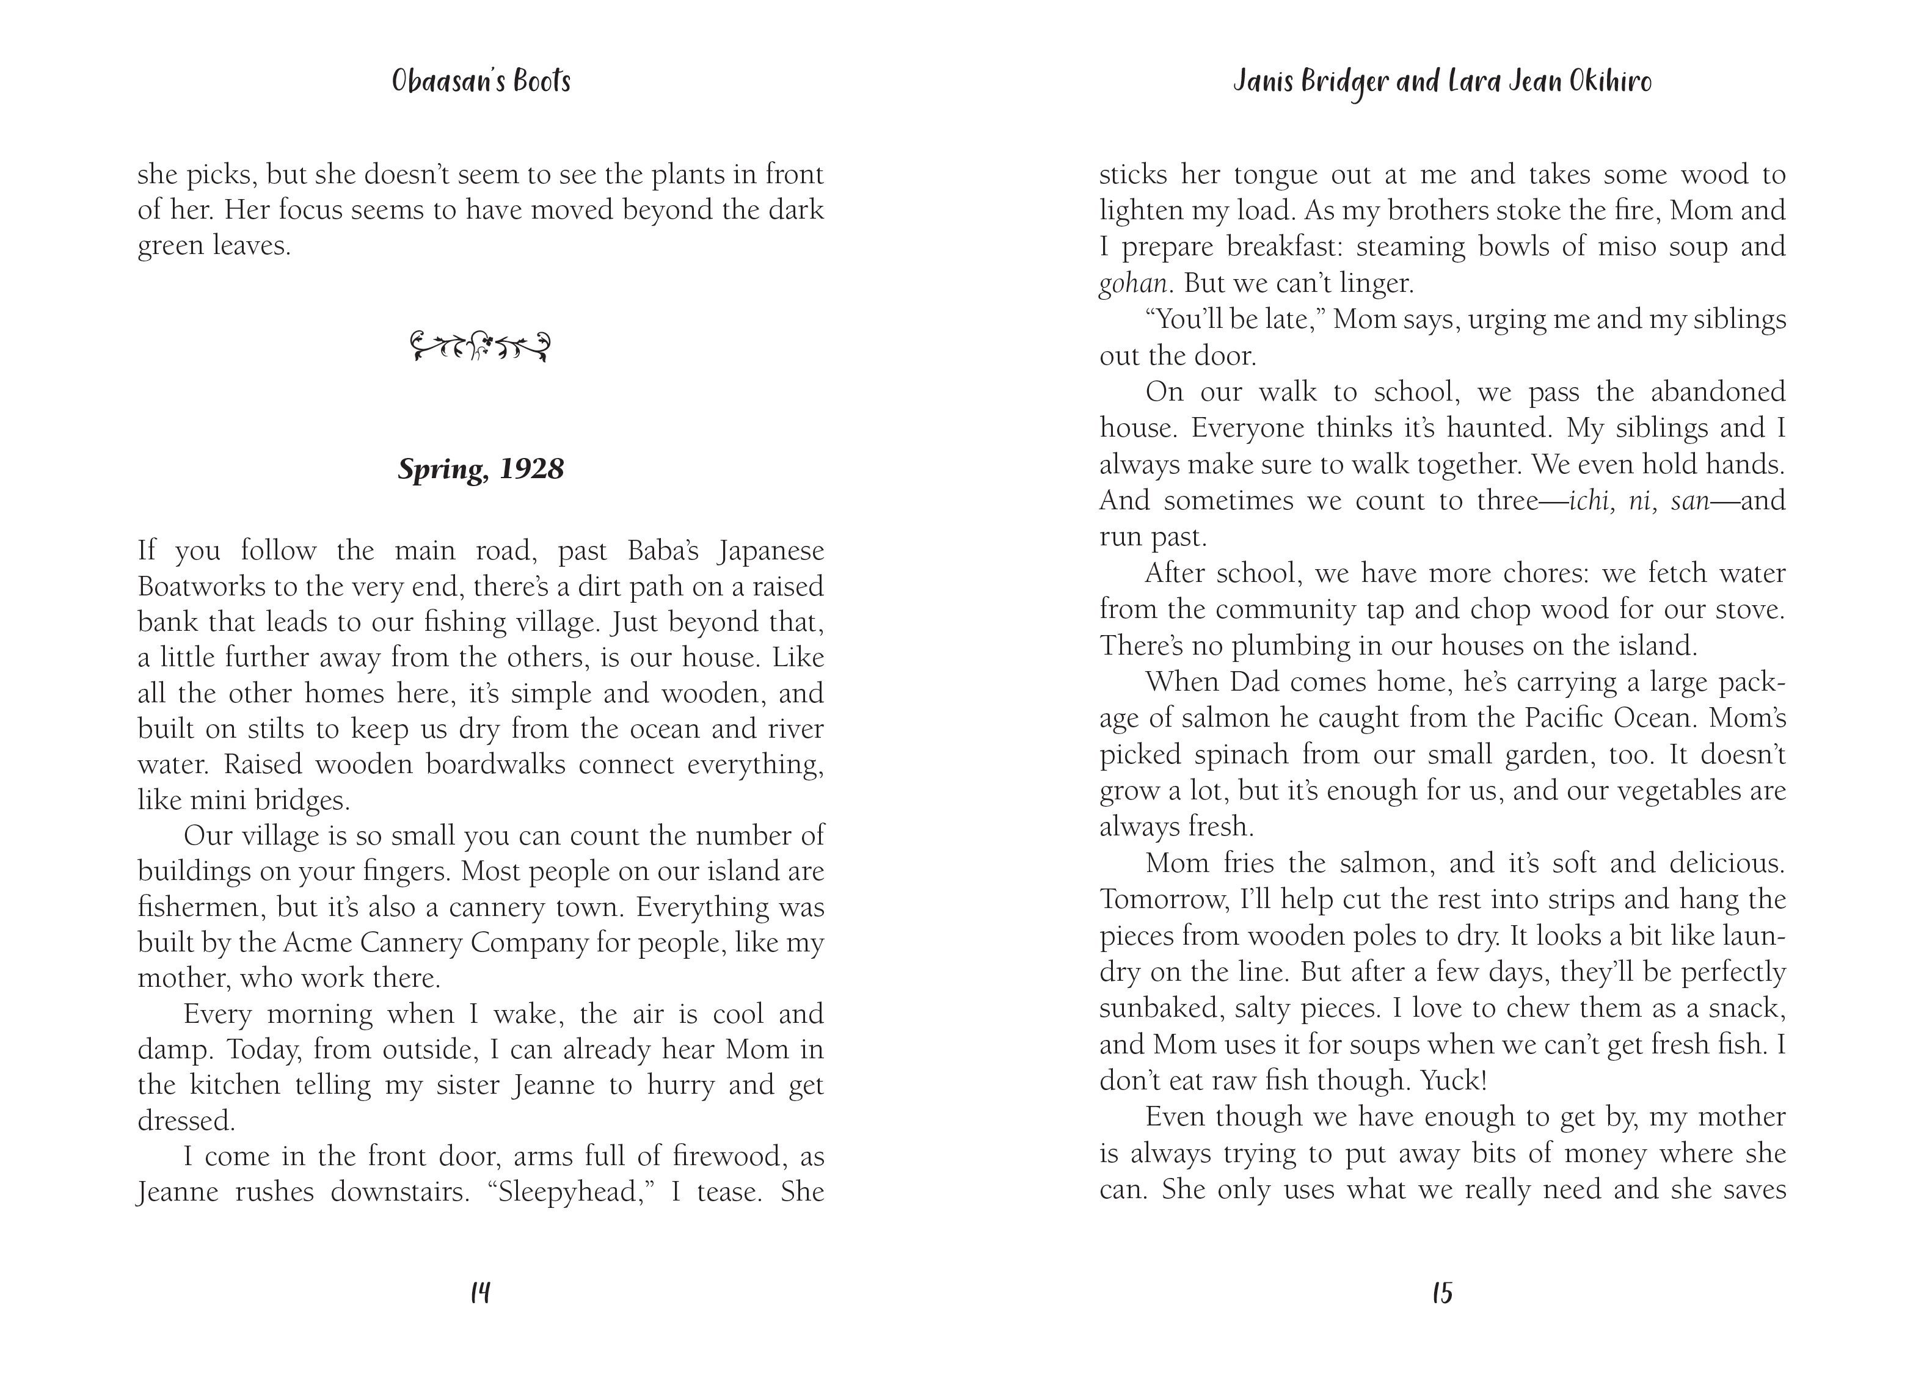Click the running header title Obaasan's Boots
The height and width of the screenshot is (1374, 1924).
[481, 82]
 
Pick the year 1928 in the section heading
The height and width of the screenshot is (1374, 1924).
[531, 469]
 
